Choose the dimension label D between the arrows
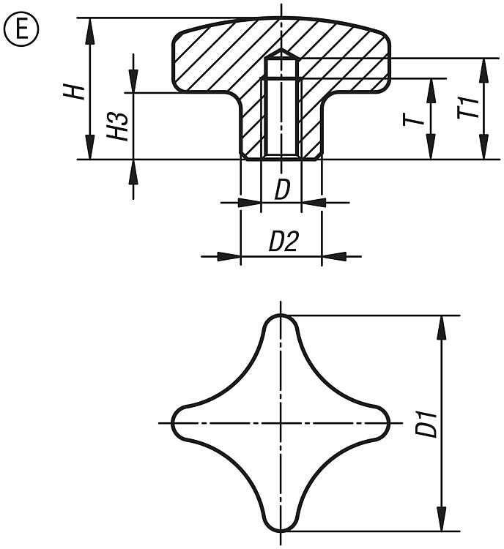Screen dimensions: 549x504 click(x=282, y=190)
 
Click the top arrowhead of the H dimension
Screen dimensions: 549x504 click(x=90, y=26)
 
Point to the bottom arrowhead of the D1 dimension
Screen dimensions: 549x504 click(x=441, y=521)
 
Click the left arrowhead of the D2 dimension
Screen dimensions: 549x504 click(x=231, y=255)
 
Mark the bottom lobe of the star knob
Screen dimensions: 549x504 click(x=280, y=521)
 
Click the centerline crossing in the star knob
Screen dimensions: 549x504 click(x=280, y=423)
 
